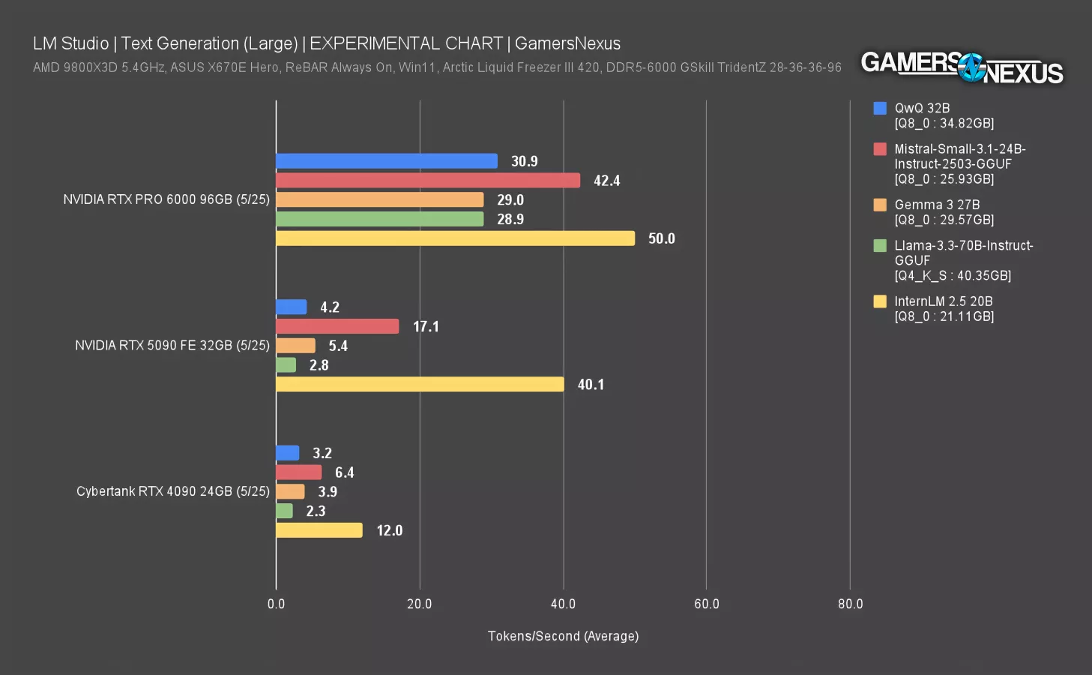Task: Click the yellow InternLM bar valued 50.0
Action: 455,238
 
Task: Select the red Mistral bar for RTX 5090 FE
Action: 337,326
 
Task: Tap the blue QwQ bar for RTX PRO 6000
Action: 386,161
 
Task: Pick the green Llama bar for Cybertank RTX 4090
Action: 284,511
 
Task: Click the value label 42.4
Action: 606,181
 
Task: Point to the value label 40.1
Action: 591,385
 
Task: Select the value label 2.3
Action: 316,511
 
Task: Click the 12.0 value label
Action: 389,531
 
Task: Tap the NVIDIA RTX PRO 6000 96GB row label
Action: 166,199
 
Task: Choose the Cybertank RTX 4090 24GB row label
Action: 172,491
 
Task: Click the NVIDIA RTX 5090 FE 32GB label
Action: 172,346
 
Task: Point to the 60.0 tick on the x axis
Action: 706,604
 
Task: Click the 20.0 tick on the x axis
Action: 419,604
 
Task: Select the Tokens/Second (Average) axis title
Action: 563,636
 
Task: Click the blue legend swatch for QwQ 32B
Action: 880,108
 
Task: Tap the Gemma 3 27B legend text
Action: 937,205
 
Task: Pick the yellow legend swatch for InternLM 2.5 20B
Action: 880,301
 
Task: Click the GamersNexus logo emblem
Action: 972,67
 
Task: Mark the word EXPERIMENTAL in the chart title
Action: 405,43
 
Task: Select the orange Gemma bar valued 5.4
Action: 295,346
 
